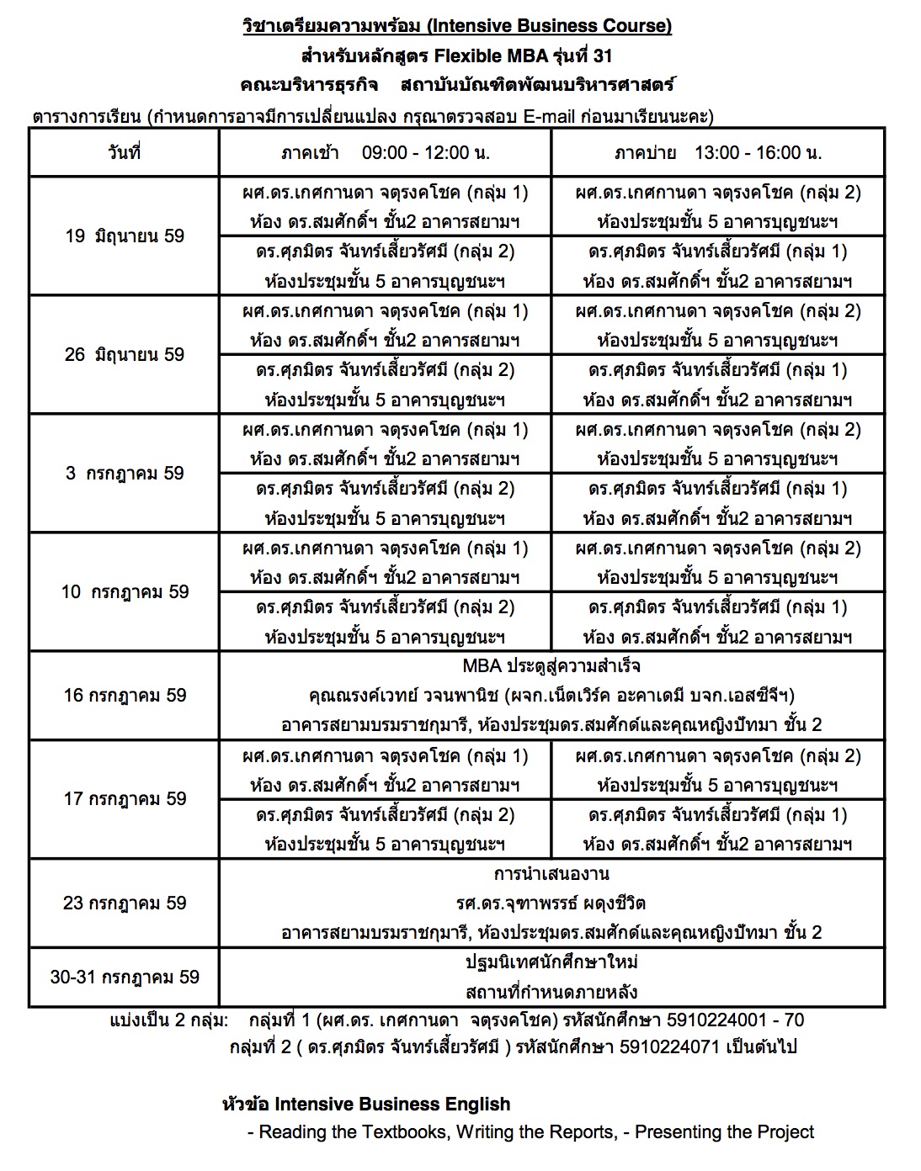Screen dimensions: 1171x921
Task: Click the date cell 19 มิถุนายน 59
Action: click(125, 236)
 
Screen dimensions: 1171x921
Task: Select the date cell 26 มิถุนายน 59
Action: click(125, 354)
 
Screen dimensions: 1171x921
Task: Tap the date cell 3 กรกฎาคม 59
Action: click(125, 473)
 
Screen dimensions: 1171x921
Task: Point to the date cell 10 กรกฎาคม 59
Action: click(125, 591)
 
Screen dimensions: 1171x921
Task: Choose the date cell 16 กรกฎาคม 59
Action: click(125, 695)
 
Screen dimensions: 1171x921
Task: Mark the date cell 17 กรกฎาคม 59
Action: click(125, 798)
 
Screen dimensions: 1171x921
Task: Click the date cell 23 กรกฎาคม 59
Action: click(125, 903)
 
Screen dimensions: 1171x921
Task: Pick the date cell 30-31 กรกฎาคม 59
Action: click(125, 977)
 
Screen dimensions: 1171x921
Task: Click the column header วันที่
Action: click(125, 152)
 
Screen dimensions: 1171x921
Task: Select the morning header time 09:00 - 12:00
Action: click(425, 152)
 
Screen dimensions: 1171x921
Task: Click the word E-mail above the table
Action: click(550, 116)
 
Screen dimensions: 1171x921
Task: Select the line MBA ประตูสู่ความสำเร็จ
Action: click(551, 666)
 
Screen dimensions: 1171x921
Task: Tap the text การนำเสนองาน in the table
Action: click(551, 873)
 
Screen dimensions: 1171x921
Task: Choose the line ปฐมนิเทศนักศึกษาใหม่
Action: click(551, 962)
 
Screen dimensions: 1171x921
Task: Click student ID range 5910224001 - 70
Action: click(735, 1020)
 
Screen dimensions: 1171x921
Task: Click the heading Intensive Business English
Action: click(392, 1104)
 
